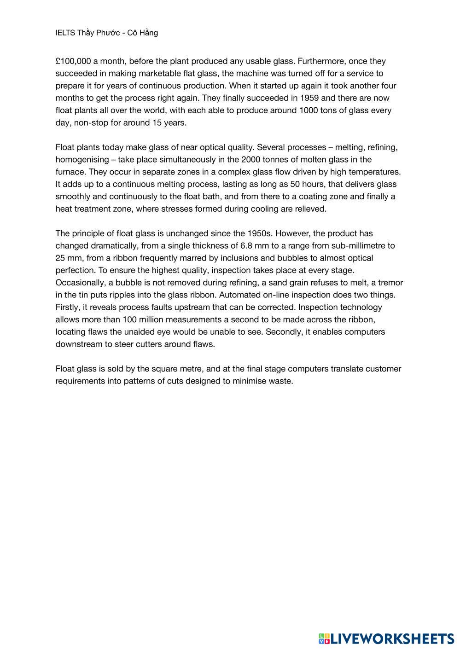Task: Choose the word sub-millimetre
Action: coord(359,246)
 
